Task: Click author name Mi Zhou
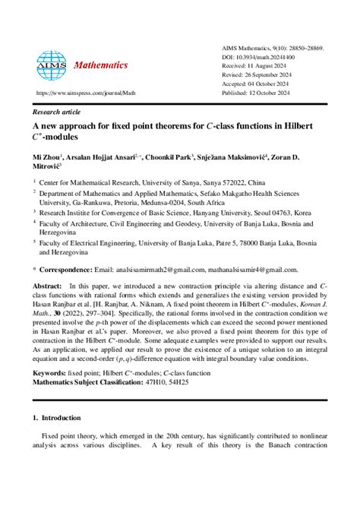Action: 48,154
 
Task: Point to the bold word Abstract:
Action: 48,285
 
